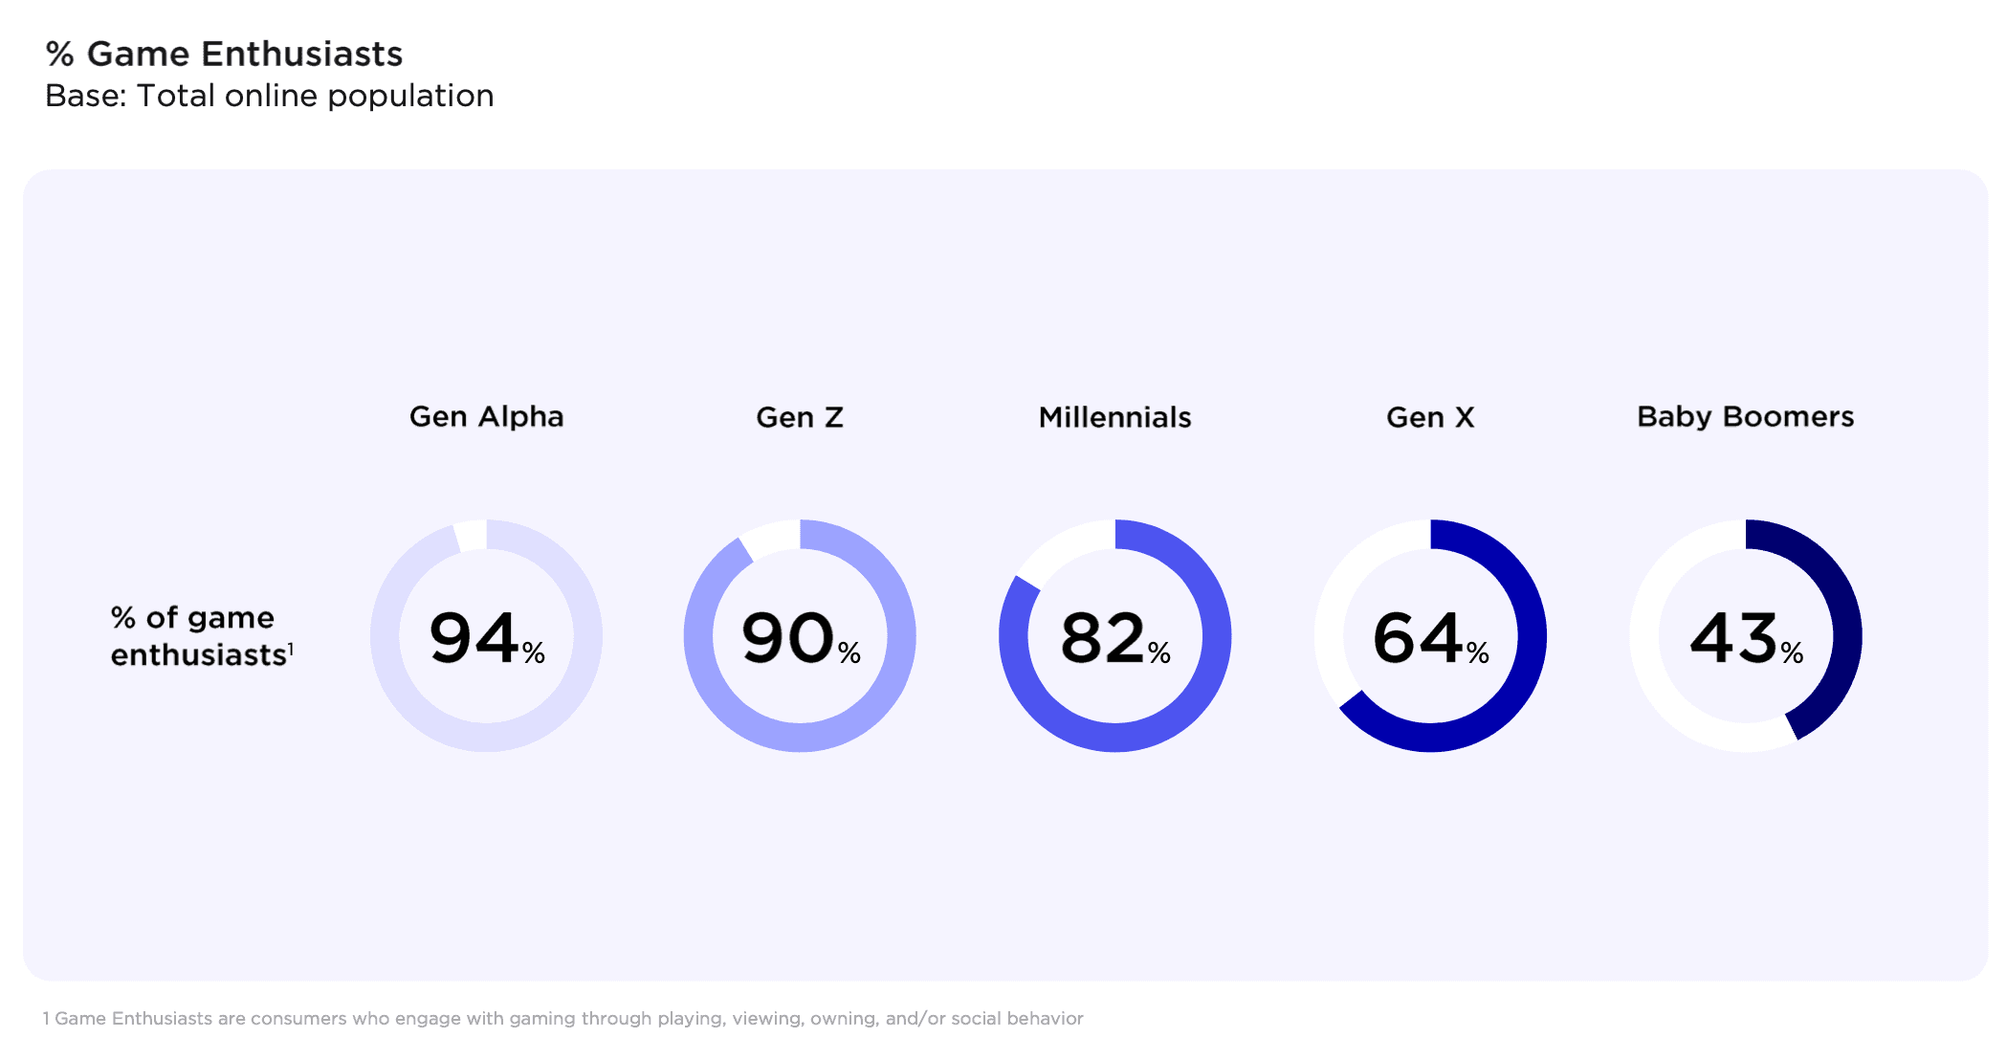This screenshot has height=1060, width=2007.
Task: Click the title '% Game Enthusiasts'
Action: pyautogui.click(x=224, y=55)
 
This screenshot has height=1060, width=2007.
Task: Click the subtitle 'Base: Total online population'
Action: pyautogui.click(x=269, y=96)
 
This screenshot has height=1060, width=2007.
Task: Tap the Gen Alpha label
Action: pyautogui.click(x=486, y=417)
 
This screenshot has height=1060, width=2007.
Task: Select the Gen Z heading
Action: pyautogui.click(x=800, y=418)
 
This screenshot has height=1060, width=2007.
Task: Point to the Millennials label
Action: pyautogui.click(x=1114, y=418)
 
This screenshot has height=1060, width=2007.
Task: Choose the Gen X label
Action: pyautogui.click(x=1430, y=418)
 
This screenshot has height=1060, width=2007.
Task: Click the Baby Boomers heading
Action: pyautogui.click(x=1745, y=417)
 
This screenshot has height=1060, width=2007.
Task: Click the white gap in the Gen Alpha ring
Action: pyautogui.click(x=471, y=535)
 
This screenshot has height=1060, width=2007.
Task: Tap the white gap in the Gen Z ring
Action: pyautogui.click(x=770, y=539)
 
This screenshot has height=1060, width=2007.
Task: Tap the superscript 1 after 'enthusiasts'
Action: pyautogui.click(x=291, y=650)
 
